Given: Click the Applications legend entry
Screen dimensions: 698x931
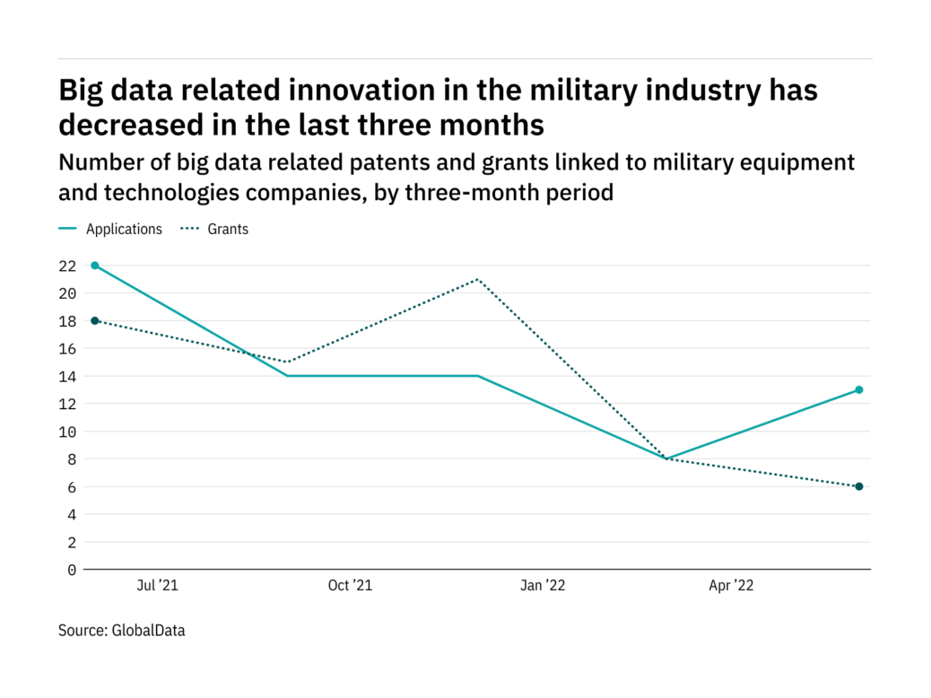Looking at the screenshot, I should pyautogui.click(x=124, y=229).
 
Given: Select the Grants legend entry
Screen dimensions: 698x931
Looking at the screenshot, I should pyautogui.click(x=228, y=229).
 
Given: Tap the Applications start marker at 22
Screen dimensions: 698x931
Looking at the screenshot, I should pyautogui.click(x=95, y=266).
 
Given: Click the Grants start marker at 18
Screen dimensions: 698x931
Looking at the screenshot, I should pyautogui.click(x=95, y=320).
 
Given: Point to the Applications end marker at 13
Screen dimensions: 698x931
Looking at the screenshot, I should pyautogui.click(x=858, y=389).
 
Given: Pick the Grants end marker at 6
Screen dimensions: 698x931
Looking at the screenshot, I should pyautogui.click(x=858, y=486).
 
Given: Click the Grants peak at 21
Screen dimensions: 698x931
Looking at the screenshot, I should pyautogui.click(x=477, y=279).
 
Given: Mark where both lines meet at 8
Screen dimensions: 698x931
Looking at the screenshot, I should pyautogui.click(x=667, y=458).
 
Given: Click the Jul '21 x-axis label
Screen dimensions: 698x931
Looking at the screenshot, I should pyautogui.click(x=158, y=586).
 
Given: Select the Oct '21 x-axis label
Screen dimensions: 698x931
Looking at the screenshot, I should pyautogui.click(x=350, y=586).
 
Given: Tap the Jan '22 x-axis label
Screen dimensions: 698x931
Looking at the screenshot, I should pyautogui.click(x=543, y=586).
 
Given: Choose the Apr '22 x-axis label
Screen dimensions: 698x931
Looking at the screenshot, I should pyautogui.click(x=732, y=586).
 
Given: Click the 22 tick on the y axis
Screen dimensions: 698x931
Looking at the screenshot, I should pyautogui.click(x=67, y=266).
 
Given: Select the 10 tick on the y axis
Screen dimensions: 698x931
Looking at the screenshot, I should pyautogui.click(x=67, y=432).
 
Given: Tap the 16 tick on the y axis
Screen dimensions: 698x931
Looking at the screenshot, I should pyautogui.click(x=67, y=348).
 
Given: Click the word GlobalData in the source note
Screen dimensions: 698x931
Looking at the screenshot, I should pyautogui.click(x=148, y=631).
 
